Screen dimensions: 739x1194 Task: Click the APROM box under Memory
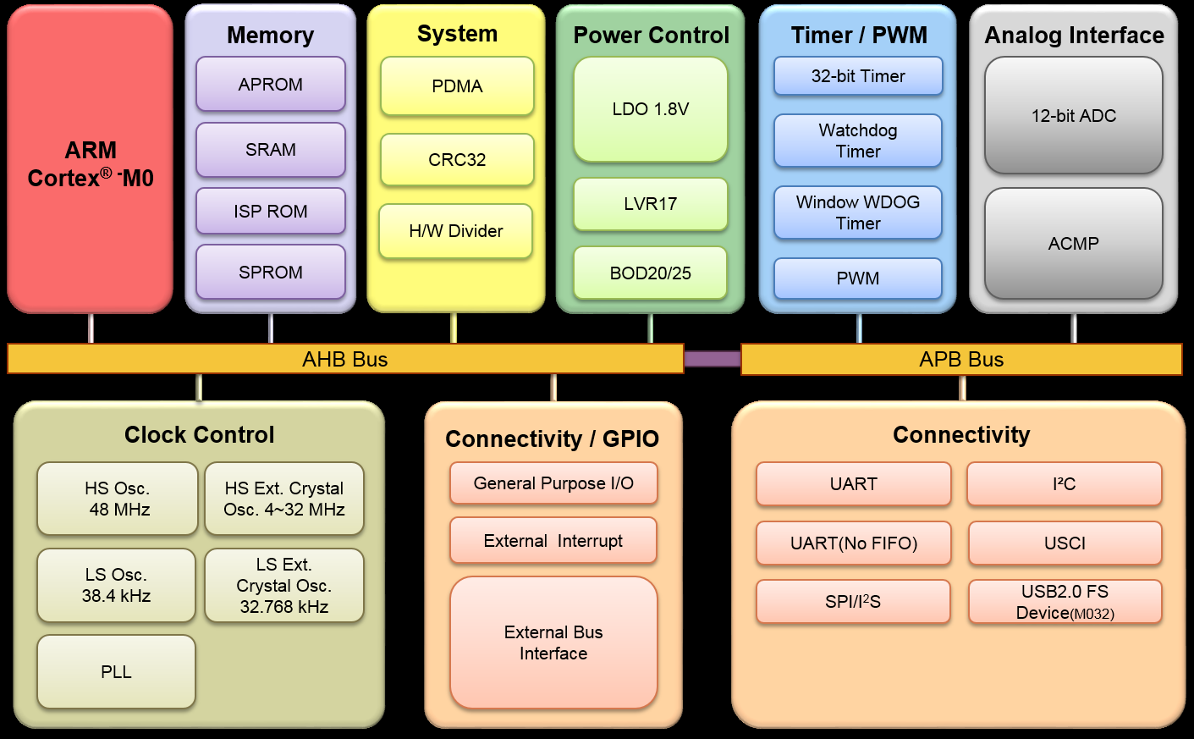click(x=270, y=85)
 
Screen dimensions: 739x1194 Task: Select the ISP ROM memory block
click(x=270, y=211)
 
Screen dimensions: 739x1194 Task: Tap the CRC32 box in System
click(x=457, y=160)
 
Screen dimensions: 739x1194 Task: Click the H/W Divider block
click(x=455, y=231)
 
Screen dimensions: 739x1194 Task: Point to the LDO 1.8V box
click(x=650, y=109)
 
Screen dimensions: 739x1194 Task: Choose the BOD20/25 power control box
click(x=650, y=273)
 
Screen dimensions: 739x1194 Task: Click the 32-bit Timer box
click(x=858, y=76)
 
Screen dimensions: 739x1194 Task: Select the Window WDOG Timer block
click(x=858, y=212)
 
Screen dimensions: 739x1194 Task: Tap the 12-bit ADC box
click(x=1073, y=116)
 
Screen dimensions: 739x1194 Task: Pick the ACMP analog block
click(x=1073, y=244)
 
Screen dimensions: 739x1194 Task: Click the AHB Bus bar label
click(x=345, y=360)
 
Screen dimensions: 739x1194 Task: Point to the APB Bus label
click(x=961, y=360)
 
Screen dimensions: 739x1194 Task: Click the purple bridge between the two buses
click(x=712, y=360)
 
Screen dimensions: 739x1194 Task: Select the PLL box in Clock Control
click(x=116, y=672)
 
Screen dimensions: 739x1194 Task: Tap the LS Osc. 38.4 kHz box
click(x=116, y=585)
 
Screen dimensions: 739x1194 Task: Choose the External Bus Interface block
click(x=553, y=642)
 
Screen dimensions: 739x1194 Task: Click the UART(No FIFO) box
click(x=853, y=543)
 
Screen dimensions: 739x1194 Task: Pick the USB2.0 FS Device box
click(x=1065, y=602)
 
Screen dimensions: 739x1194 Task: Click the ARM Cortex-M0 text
click(x=91, y=164)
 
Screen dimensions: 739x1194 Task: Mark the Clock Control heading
click(x=200, y=435)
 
